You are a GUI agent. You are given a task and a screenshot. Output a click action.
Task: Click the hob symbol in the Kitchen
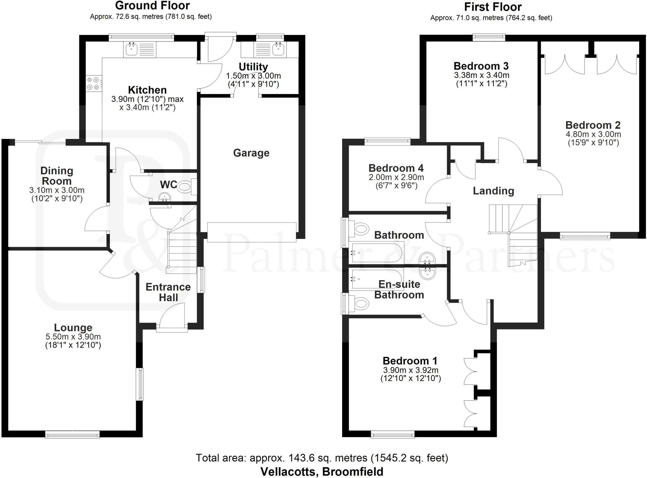click(94, 84)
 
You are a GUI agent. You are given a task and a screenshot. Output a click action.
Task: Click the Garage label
click(251, 153)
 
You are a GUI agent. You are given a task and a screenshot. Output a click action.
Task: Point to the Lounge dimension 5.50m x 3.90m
click(73, 337)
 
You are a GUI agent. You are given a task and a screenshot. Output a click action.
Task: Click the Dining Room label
click(57, 176)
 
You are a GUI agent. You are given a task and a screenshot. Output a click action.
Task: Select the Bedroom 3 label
click(481, 66)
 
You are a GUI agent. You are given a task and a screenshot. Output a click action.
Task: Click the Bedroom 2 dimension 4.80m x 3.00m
click(593, 134)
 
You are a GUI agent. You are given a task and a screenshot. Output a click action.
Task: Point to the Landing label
click(493, 191)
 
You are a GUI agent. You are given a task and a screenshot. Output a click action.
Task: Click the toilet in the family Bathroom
click(361, 229)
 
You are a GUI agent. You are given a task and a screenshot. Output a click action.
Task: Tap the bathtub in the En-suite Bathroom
click(376, 279)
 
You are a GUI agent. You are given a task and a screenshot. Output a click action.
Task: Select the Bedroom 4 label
click(396, 168)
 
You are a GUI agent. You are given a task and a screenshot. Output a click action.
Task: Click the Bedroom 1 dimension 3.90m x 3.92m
click(410, 370)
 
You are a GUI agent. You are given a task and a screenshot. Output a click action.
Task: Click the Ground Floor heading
click(152, 6)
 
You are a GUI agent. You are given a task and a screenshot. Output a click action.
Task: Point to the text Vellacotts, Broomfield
click(322, 472)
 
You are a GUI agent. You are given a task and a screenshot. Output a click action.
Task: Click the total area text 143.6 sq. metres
click(322, 458)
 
